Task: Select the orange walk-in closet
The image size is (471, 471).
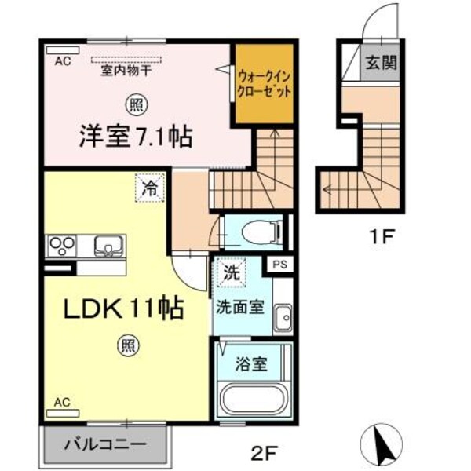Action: [x=265, y=82]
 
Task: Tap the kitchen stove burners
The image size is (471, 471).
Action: [x=60, y=246]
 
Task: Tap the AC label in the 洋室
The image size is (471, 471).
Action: [x=63, y=60]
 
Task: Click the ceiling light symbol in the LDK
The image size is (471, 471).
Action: [x=126, y=343]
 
